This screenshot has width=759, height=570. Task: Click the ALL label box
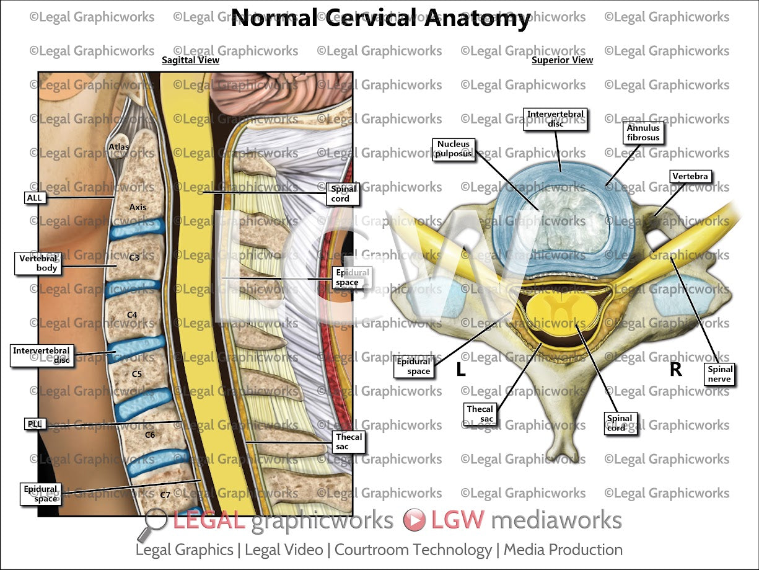pyautogui.click(x=33, y=198)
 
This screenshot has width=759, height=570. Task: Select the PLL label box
pyautogui.click(x=34, y=424)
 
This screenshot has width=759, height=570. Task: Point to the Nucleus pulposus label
pyautogui.click(x=454, y=149)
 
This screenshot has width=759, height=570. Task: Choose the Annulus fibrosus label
pyautogui.click(x=643, y=132)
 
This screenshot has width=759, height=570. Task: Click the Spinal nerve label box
pyautogui.click(x=719, y=374)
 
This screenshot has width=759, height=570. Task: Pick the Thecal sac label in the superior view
pyautogui.click(x=480, y=414)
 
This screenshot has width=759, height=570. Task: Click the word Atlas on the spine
pyautogui.click(x=118, y=147)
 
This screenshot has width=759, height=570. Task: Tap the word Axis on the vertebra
pyautogui.click(x=138, y=207)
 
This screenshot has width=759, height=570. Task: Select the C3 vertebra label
pyautogui.click(x=134, y=257)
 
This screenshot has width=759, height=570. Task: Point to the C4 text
pyautogui.click(x=131, y=315)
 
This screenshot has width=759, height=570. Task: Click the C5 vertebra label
pyautogui.click(x=136, y=374)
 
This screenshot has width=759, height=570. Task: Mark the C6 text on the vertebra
pyautogui.click(x=149, y=435)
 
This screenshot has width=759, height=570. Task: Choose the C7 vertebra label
pyautogui.click(x=165, y=495)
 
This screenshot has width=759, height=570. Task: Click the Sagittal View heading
pyautogui.click(x=190, y=60)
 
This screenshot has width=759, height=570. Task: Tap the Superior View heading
pyautogui.click(x=562, y=60)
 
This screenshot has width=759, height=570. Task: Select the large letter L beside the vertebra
pyautogui.click(x=460, y=370)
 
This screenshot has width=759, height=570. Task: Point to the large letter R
pyautogui.click(x=675, y=370)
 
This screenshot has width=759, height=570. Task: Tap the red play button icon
pyautogui.click(x=414, y=520)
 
